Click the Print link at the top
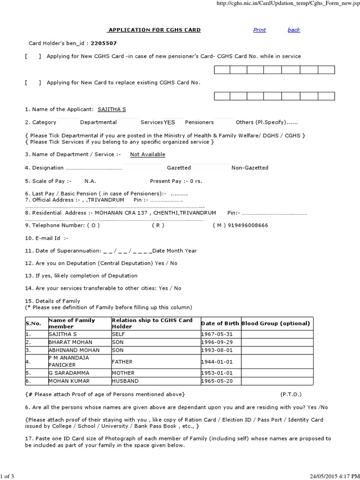click(259, 30)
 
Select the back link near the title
click(294, 30)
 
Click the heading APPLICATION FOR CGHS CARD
click(154, 30)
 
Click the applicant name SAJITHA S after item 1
click(112, 109)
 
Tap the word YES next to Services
click(169, 122)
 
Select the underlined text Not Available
click(148, 154)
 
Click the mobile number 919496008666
click(248, 225)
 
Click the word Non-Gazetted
click(250, 168)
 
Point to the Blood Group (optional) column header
click(276, 323)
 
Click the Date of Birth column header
click(220, 323)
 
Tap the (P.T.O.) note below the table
click(291, 394)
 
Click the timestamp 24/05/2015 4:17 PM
click(333, 476)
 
